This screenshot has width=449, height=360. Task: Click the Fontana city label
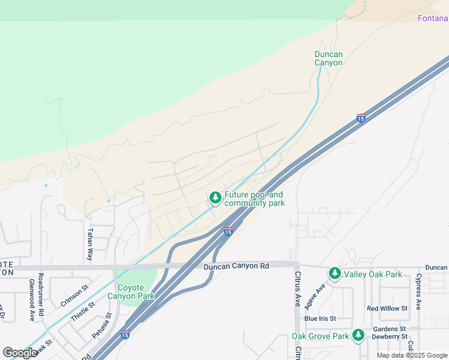pyautogui.click(x=433, y=18)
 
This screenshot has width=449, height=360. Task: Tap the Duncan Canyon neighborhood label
pyautogui.click(x=328, y=58)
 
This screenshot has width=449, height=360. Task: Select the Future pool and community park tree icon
pyautogui.click(x=215, y=197)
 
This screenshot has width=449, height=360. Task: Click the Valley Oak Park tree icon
pyautogui.click(x=334, y=274)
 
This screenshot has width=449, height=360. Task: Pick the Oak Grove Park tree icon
pyautogui.click(x=358, y=335)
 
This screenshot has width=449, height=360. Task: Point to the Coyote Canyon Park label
pyautogui.click(x=131, y=291)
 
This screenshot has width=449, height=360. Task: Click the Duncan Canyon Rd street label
pyautogui.click(x=235, y=266)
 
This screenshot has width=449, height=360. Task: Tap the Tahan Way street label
pyautogui.click(x=91, y=243)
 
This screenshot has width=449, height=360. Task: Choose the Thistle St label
pyautogui.click(x=83, y=312)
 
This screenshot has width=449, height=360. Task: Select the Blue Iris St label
pyautogui.click(x=319, y=318)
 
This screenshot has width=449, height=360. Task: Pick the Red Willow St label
pyautogui.click(x=387, y=308)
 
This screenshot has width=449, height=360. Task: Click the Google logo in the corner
pyautogui.click(x=20, y=353)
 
